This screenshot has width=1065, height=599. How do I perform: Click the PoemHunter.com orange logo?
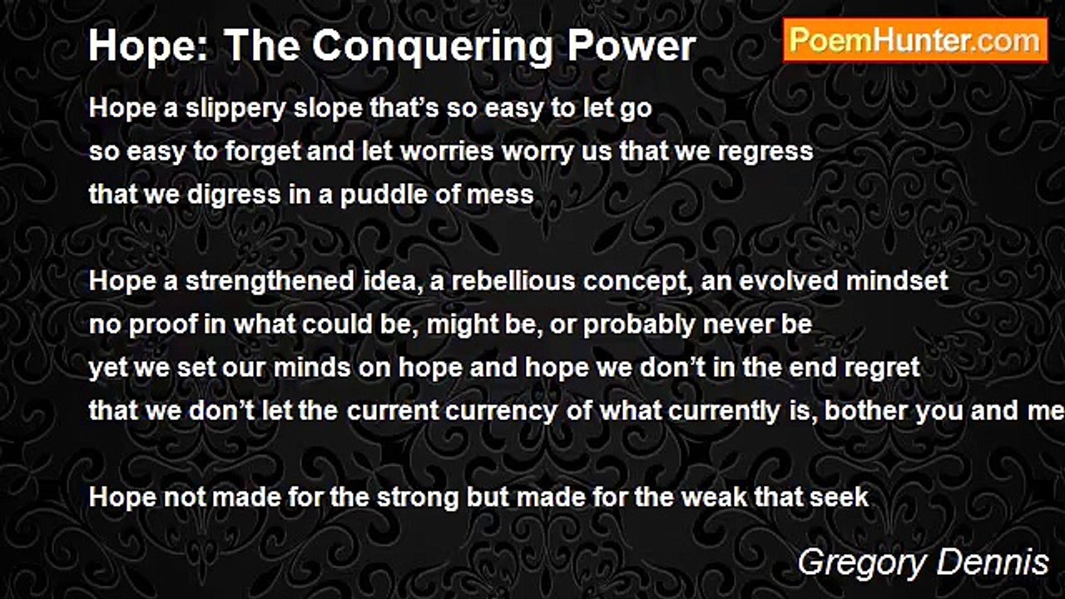915,41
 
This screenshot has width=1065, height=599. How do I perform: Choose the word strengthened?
270,282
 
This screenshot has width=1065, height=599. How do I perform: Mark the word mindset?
897,280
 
